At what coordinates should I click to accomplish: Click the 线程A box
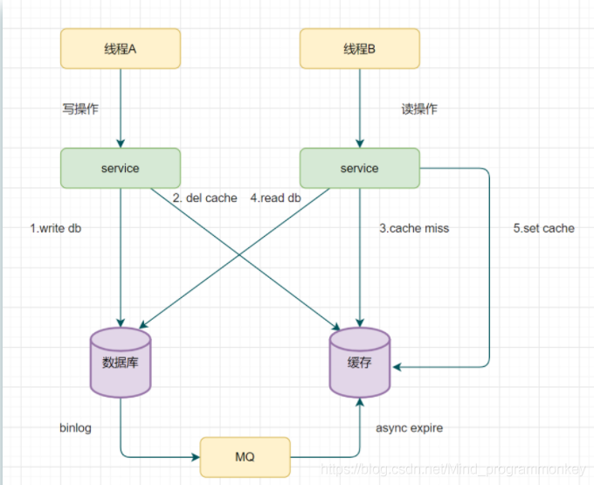[120, 49]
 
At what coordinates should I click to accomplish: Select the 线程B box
[359, 49]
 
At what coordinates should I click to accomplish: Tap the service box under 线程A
[120, 167]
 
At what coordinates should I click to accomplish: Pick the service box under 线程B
[359, 167]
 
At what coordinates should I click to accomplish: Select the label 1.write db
[61, 228]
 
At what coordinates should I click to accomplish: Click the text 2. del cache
[204, 198]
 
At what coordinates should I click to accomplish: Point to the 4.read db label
[276, 198]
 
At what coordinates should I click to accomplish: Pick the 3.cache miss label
[414, 228]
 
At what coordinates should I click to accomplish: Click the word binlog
[75, 428]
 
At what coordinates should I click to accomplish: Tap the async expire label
[409, 428]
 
